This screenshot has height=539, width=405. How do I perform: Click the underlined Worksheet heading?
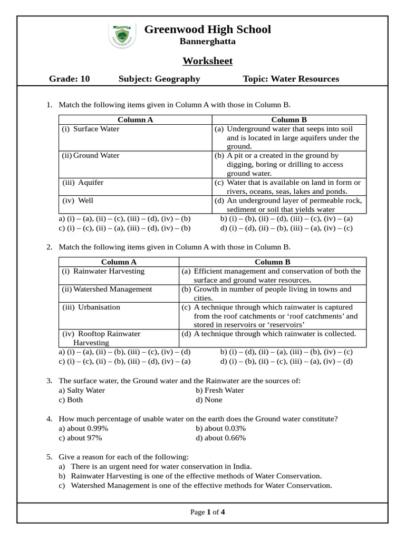pos(207,61)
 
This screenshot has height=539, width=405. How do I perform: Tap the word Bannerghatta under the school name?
pos(207,41)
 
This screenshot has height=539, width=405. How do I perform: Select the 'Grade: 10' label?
pos(70,79)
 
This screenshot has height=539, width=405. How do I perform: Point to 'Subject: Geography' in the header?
pos(159,79)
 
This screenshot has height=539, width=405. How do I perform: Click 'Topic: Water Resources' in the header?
pos(291,79)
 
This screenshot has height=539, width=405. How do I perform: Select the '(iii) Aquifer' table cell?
pos(83,183)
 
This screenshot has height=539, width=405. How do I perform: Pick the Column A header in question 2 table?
pos(119,262)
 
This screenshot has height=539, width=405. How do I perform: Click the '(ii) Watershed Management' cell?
pos(107,289)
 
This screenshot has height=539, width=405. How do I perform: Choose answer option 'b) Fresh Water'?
pos(219,390)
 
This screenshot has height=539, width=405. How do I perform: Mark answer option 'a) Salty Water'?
pos(82,390)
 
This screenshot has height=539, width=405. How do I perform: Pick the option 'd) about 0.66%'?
pos(220,437)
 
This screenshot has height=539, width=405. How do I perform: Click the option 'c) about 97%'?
pos(80,437)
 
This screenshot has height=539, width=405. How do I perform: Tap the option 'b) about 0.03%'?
pos(220,428)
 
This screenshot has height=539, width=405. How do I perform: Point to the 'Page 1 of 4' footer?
pos(207,512)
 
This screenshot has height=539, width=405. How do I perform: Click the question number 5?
pos(49,457)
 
